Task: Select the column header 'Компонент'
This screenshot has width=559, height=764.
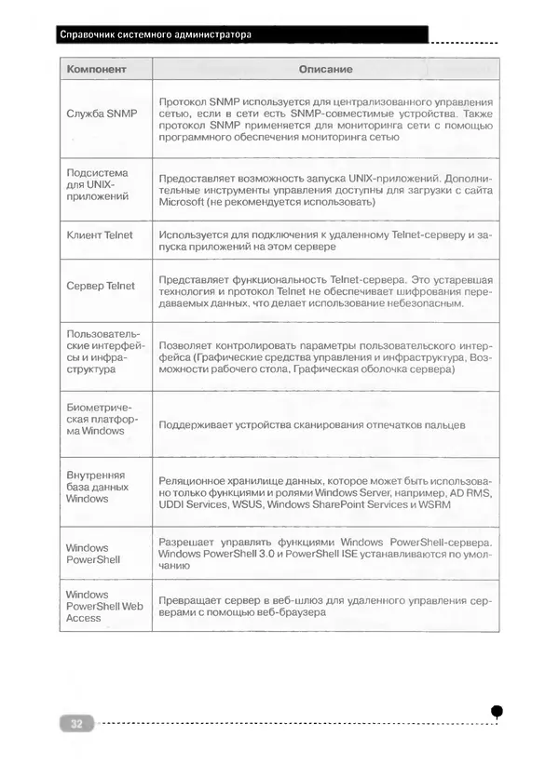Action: [x=96, y=70]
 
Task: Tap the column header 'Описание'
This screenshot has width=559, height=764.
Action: [x=324, y=70]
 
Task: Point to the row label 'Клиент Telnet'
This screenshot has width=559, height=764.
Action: [x=100, y=235]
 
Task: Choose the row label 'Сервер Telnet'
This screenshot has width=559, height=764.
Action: [x=101, y=286]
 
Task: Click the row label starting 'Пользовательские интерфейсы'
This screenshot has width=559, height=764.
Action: [x=101, y=352]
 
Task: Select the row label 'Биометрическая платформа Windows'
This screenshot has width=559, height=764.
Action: [x=101, y=420]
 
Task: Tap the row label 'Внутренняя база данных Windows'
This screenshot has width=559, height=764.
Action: [x=98, y=486]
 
